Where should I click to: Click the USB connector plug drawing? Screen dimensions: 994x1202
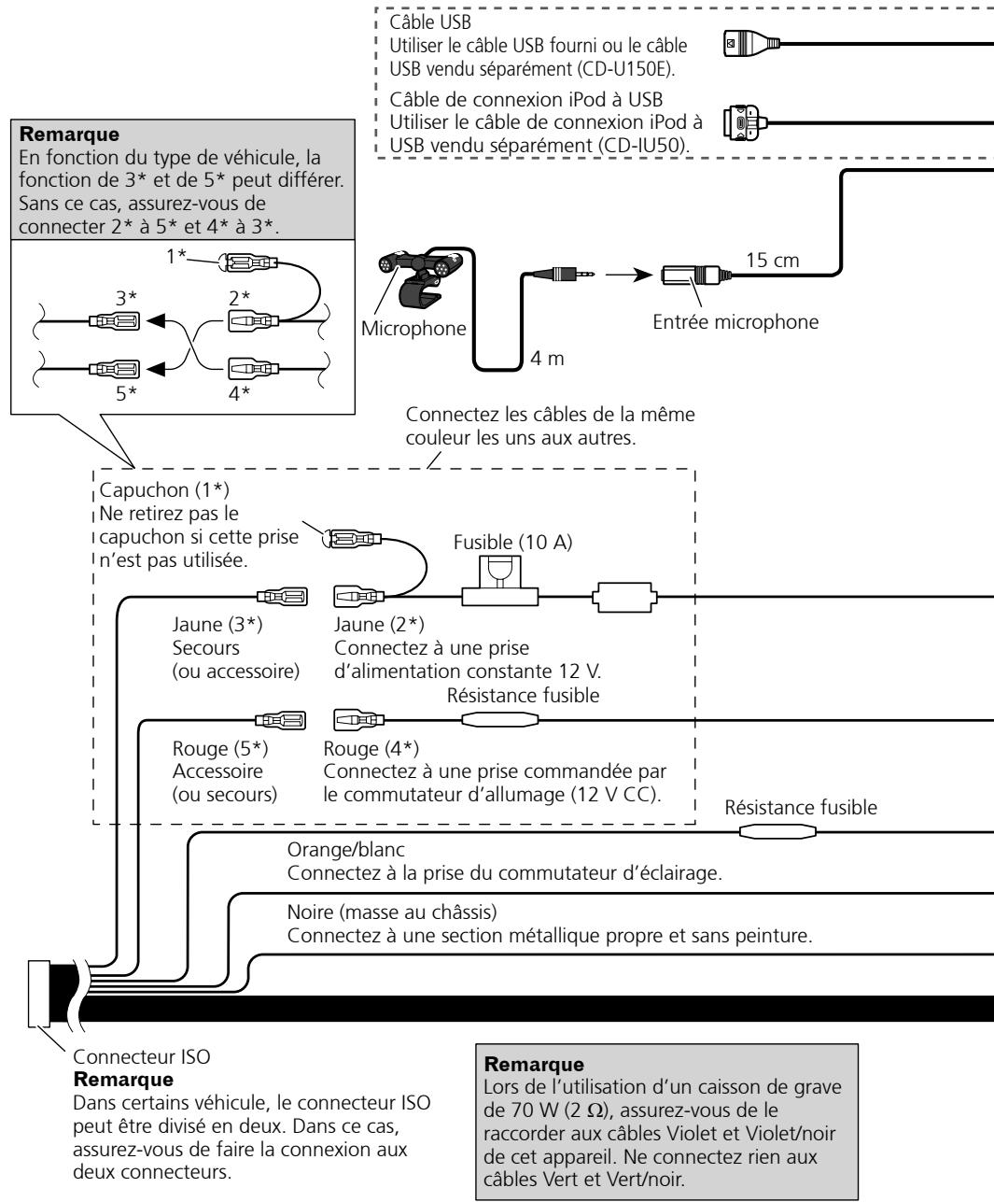pos(751,43)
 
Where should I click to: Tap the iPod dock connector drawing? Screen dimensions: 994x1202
pos(745,122)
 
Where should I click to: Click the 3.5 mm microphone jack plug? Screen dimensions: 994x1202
pos(563,274)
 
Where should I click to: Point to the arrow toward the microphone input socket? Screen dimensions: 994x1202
pos(629,275)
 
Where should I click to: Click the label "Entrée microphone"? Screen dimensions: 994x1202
pos(735,322)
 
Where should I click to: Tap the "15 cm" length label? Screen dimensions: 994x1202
pos(773,261)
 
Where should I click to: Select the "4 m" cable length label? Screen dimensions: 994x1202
pos(547,358)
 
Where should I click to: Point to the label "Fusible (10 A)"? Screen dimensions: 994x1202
pos(512,543)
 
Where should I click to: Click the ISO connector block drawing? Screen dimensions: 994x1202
pos(38,993)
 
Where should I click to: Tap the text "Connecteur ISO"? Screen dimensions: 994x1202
pos(142,1056)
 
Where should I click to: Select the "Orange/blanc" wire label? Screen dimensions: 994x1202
pos(345,850)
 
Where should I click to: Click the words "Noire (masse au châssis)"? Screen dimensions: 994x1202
pos(392,912)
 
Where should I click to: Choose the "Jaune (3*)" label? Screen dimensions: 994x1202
pos(217,625)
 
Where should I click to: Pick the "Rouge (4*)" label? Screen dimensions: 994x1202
pos(371,748)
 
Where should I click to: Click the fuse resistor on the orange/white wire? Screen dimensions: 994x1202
pos(777,832)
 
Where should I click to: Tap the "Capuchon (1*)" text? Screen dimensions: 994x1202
pos(164,490)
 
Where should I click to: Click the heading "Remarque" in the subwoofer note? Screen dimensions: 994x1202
pos(534,1064)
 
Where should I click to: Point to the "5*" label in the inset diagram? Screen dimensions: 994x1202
pos(126,394)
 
